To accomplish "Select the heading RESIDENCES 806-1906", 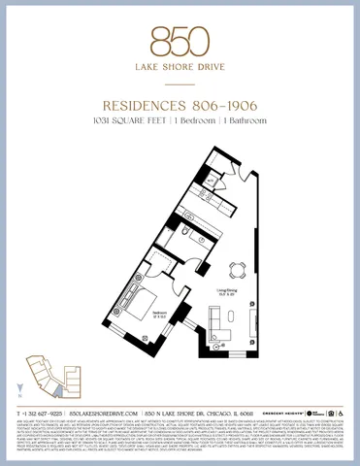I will point(180,104).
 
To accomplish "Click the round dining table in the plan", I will point(236,269).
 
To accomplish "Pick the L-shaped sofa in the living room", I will point(221,316).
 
